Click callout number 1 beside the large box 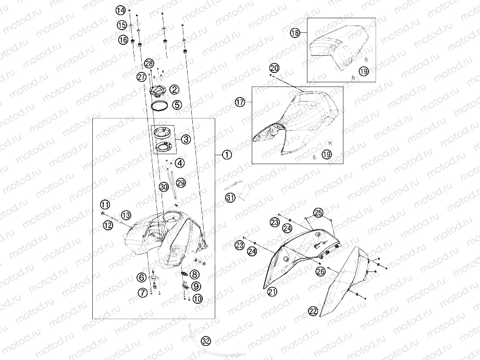pyautogui.click(x=227, y=155)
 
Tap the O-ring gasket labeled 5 pyautogui.click(x=159, y=106)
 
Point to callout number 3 pyautogui.click(x=186, y=140)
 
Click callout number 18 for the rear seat pyautogui.click(x=295, y=32)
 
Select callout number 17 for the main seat pyautogui.click(x=240, y=102)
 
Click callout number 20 pyautogui.click(x=274, y=68)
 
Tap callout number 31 pyautogui.click(x=230, y=197)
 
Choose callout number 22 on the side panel pyautogui.click(x=313, y=312)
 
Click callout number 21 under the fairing pyautogui.click(x=272, y=291)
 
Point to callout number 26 pyautogui.click(x=321, y=271)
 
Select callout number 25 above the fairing pyautogui.click(x=318, y=213)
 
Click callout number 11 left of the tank pyautogui.click(x=105, y=204)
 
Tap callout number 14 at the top pyautogui.click(x=120, y=10)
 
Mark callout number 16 pyautogui.click(x=123, y=39)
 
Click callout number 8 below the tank pyautogui.click(x=194, y=274)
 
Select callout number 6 pyautogui.click(x=141, y=277)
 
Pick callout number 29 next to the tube pyautogui.click(x=181, y=183)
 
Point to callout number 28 pyautogui.click(x=149, y=64)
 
